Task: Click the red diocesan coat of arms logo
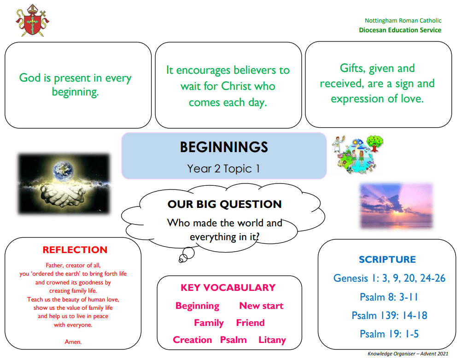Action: [x=32, y=20]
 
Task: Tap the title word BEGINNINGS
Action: [x=224, y=147]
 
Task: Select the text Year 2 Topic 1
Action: [x=224, y=169]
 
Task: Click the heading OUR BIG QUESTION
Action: [x=224, y=204]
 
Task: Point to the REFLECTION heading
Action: [x=75, y=250]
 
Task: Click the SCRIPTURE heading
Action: [x=387, y=260]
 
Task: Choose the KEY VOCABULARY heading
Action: [x=228, y=288]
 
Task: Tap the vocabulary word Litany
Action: [x=272, y=340]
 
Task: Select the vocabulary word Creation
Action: [x=192, y=340]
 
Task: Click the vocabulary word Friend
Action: [x=250, y=323]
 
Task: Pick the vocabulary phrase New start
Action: [x=261, y=306]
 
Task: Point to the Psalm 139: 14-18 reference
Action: [x=389, y=315]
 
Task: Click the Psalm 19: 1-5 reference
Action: [x=389, y=334]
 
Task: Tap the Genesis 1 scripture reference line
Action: [x=389, y=278]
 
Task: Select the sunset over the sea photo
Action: [x=396, y=206]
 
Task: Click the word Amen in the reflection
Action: [x=73, y=342]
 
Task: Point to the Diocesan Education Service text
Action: [x=400, y=30]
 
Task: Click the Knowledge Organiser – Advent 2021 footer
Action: [x=408, y=354]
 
